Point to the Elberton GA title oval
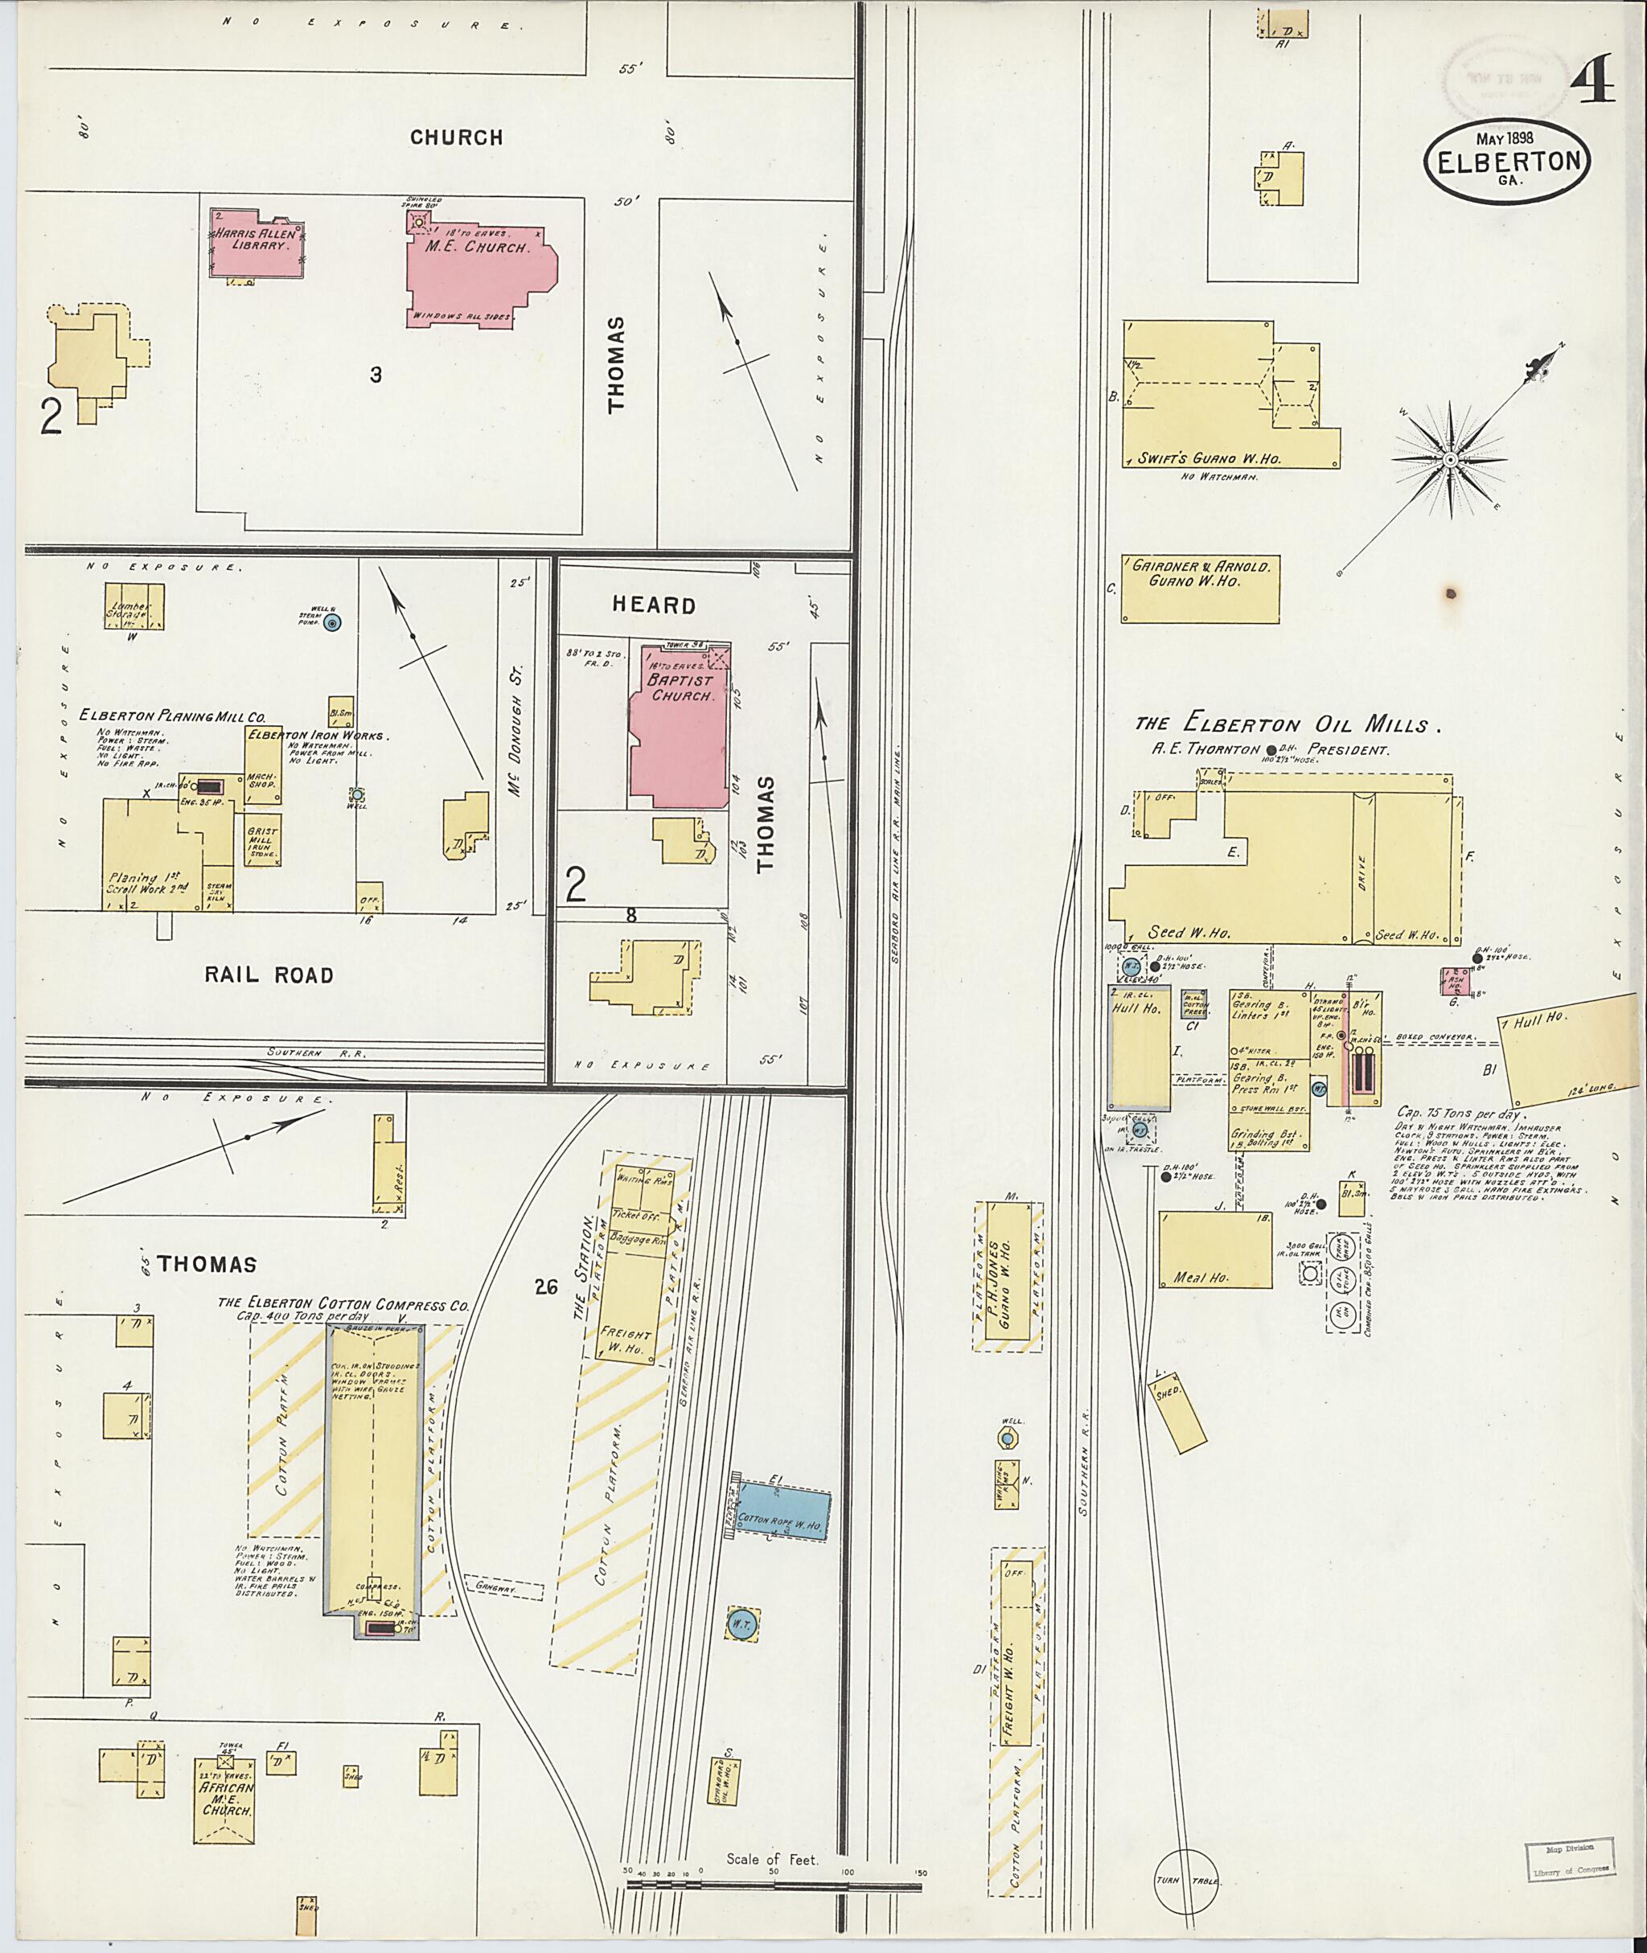[1508, 161]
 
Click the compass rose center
[1450, 460]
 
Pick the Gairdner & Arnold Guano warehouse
[1199, 589]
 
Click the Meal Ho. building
[1214, 1250]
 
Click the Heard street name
[654, 605]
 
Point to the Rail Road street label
[269, 975]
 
